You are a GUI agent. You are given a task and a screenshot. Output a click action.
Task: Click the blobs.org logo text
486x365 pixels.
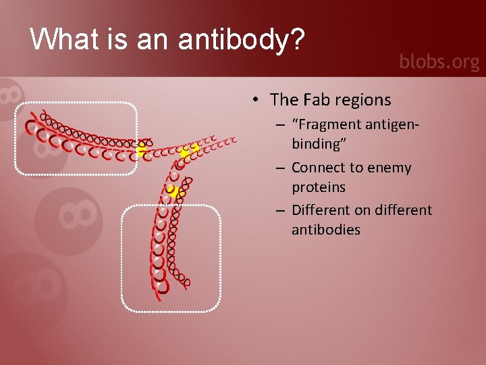[439, 62]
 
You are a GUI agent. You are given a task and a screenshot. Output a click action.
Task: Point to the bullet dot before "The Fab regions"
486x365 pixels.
[258, 101]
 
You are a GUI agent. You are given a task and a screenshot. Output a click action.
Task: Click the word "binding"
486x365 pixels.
[313, 144]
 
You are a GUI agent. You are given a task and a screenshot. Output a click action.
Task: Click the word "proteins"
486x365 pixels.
[319, 187]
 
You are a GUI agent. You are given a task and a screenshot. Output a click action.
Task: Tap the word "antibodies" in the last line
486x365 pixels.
[326, 229]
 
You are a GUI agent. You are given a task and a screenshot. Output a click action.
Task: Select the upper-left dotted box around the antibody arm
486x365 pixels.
[76, 139]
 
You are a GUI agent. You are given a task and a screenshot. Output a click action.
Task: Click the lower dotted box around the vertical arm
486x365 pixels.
[171, 258]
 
